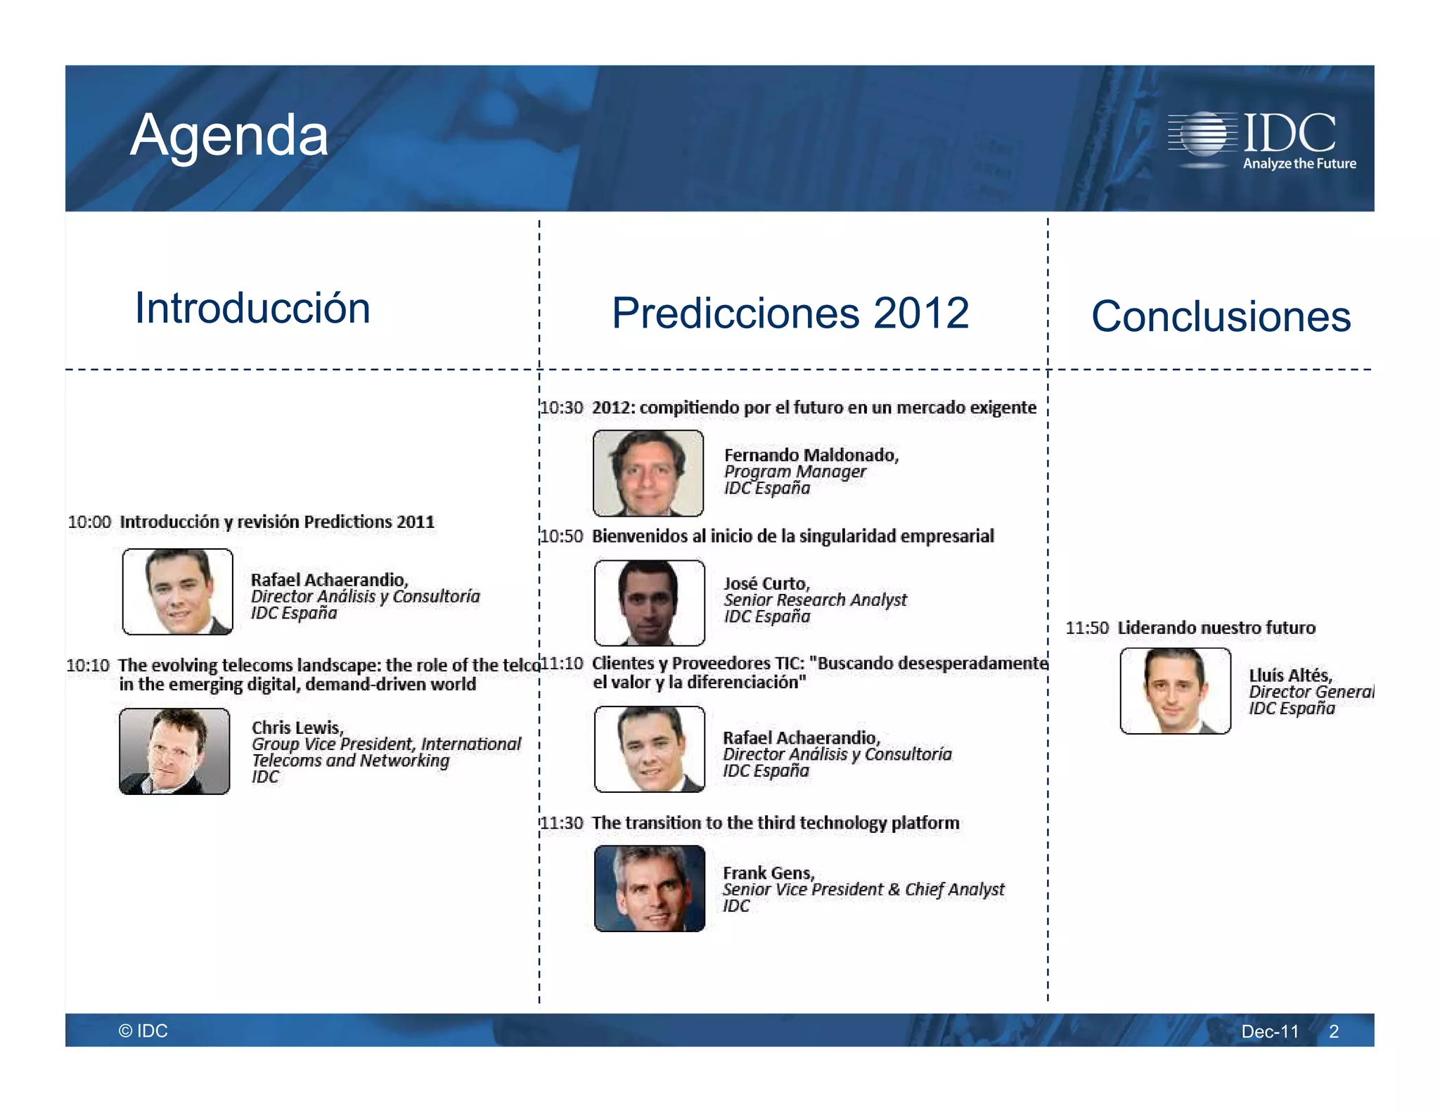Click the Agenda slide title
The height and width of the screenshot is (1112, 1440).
229,135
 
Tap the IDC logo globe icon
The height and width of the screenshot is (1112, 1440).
1204,134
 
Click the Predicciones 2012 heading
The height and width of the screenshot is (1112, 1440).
790,313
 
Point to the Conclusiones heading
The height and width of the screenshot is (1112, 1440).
1221,316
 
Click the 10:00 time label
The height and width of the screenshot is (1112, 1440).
89,522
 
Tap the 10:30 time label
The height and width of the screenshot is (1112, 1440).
562,408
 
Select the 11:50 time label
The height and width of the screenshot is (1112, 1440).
1086,628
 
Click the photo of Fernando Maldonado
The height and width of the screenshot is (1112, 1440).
648,473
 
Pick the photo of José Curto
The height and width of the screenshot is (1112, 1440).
649,602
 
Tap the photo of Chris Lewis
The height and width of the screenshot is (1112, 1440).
174,751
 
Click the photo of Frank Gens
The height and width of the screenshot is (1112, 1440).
649,888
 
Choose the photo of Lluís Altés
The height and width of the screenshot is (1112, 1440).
1175,691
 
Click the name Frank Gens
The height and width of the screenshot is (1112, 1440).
768,873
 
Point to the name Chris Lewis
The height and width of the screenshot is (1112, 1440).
297,728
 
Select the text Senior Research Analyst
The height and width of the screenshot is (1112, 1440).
815,600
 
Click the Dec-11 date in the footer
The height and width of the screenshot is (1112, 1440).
1269,1031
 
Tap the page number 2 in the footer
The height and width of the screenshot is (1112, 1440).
1333,1031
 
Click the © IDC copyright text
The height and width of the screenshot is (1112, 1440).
143,1030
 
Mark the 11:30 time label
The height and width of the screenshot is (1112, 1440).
562,823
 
